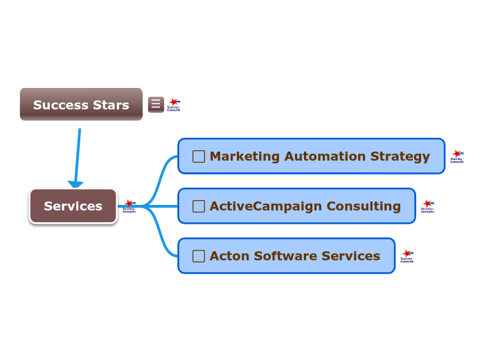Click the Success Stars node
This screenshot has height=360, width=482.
pyautogui.click(x=81, y=105)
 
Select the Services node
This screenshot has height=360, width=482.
pyautogui.click(x=73, y=206)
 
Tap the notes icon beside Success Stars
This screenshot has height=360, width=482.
pyautogui.click(x=156, y=105)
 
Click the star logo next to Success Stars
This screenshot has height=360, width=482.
pyautogui.click(x=174, y=105)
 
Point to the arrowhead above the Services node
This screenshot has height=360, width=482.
pyautogui.click(x=75, y=185)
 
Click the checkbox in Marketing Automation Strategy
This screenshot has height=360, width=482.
pyautogui.click(x=199, y=156)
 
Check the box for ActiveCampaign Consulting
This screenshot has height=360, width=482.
pyautogui.click(x=199, y=206)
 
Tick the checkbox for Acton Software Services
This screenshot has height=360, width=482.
pyautogui.click(x=199, y=256)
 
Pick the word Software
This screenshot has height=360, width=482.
pyautogui.click(x=284, y=256)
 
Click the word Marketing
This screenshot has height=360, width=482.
pyautogui.click(x=240, y=156)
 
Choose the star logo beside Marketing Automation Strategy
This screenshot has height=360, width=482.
pyautogui.click(x=457, y=156)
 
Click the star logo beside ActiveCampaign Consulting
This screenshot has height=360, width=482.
pyautogui.click(x=428, y=206)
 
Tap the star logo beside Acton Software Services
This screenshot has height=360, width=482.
pyautogui.click(x=407, y=256)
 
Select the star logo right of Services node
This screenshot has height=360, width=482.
pyautogui.click(x=129, y=206)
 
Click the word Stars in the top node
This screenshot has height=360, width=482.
pyautogui.click(x=111, y=105)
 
